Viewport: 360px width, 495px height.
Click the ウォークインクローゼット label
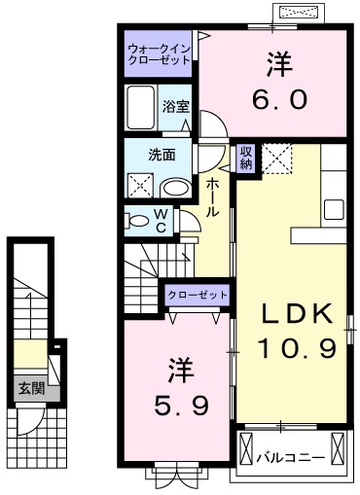tap(159, 53)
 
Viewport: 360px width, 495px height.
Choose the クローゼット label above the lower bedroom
tap(198, 294)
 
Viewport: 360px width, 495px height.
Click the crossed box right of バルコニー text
tap(339, 449)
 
